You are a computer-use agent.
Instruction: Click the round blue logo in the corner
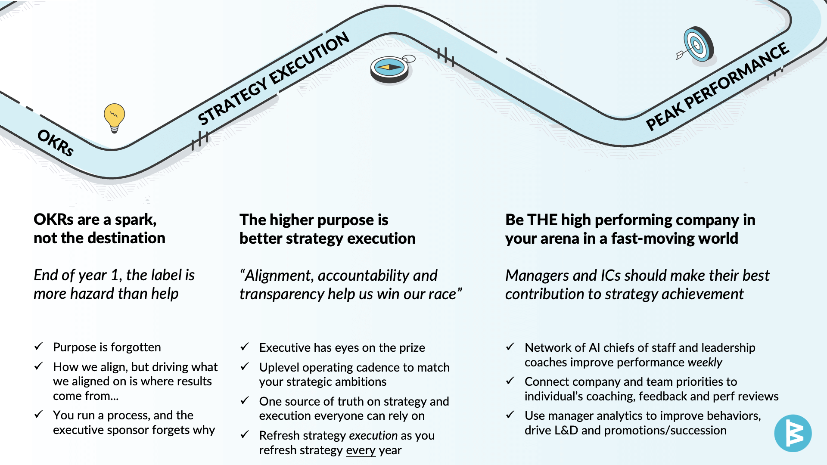point(793,433)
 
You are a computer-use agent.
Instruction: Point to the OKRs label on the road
point(56,143)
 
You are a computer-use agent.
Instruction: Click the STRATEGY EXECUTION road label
point(274,78)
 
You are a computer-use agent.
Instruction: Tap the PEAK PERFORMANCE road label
point(718,86)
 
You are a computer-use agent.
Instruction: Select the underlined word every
point(361,450)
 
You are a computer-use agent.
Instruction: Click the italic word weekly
point(705,363)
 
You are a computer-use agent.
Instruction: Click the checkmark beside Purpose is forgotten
point(39,346)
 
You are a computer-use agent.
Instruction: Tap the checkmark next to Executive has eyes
point(245,347)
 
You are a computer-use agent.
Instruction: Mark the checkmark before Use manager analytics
point(510,415)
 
